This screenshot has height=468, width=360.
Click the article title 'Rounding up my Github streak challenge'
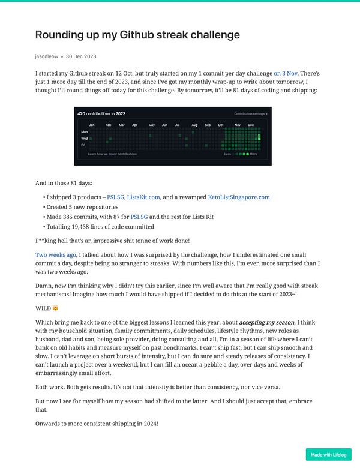[x=137, y=35]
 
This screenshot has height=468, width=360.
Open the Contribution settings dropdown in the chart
[x=251, y=113]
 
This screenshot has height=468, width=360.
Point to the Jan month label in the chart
[x=92, y=125]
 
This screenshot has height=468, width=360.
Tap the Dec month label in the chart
[x=250, y=125]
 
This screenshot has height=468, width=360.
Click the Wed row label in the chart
[x=84, y=137]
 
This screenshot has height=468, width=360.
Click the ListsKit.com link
[x=143, y=197]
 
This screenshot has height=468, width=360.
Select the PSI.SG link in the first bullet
[x=115, y=197]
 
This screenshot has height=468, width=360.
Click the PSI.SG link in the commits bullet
[x=139, y=217]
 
